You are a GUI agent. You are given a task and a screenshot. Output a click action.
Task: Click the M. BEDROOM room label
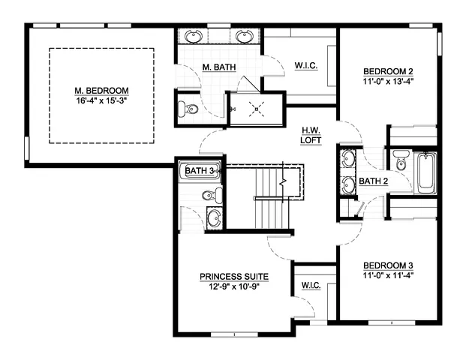click(x=102, y=90)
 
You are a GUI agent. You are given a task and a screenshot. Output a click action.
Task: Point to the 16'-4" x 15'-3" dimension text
click(x=102, y=100)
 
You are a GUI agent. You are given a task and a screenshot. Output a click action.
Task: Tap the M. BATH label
click(x=220, y=68)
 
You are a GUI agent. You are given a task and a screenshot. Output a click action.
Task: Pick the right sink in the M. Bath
click(x=244, y=35)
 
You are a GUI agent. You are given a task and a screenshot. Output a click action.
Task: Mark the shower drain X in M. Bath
click(x=257, y=109)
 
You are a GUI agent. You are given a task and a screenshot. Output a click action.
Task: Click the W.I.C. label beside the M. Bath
click(x=306, y=66)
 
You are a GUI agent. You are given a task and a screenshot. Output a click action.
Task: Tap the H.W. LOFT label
click(x=311, y=135)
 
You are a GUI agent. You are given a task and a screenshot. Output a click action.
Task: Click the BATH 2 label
click(x=373, y=181)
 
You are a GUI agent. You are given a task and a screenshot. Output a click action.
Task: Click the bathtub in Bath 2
click(x=425, y=171)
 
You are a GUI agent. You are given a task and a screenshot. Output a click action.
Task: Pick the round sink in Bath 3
click(x=215, y=218)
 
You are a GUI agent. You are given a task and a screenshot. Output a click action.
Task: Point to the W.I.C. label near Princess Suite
click(x=311, y=286)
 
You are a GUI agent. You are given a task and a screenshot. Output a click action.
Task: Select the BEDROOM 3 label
click(x=388, y=265)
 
